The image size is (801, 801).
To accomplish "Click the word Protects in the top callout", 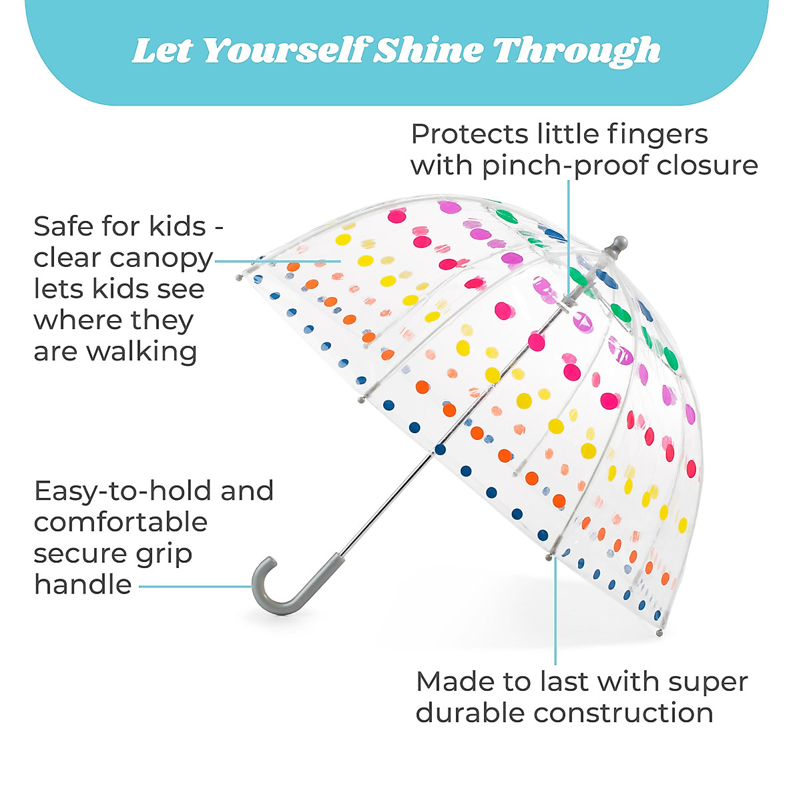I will click(469, 135).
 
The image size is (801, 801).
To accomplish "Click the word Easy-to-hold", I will click(123, 492).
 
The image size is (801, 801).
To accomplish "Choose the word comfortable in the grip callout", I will click(121, 522).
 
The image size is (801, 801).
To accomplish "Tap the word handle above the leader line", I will click(83, 585).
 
